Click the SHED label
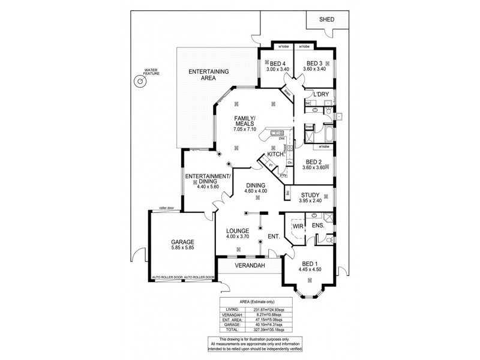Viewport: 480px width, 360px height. [327, 20]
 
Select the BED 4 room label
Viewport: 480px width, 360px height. [277, 64]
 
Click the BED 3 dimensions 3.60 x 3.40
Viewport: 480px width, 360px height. [315, 70]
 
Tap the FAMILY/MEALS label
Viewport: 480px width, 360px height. [245, 120]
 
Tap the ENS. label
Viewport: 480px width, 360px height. [318, 226]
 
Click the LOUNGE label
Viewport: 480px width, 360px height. [238, 230]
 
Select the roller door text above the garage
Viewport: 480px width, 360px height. [166, 209]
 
